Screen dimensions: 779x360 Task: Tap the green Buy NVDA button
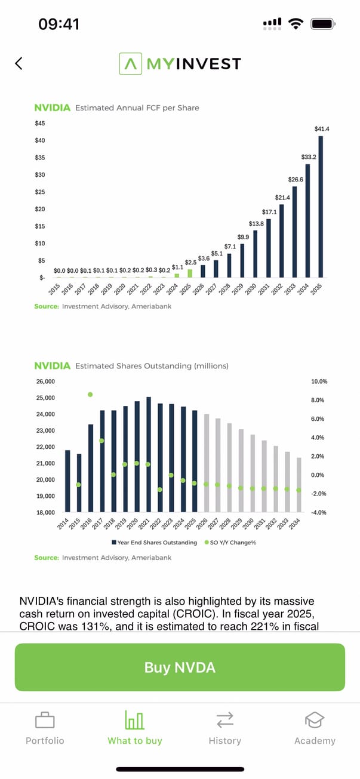pos(180,667)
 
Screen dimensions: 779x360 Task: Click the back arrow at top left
pos(19,63)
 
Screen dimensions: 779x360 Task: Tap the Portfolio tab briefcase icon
pos(45,721)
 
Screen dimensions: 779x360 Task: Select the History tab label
pos(224,741)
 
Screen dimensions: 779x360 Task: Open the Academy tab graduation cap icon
pos(315,721)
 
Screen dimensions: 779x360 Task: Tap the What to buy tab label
pos(135,741)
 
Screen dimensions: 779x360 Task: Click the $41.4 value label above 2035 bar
pos(322,129)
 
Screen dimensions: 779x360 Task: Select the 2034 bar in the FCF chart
pos(308,220)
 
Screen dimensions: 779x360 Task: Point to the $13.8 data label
pos(256,223)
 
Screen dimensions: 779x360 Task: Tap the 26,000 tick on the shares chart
pos(45,381)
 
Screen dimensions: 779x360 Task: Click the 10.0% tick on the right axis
pos(319,381)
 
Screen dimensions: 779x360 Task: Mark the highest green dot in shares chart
pos(90,395)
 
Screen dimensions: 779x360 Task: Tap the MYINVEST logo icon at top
pos(130,63)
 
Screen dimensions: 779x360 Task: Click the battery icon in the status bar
pos(323,24)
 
